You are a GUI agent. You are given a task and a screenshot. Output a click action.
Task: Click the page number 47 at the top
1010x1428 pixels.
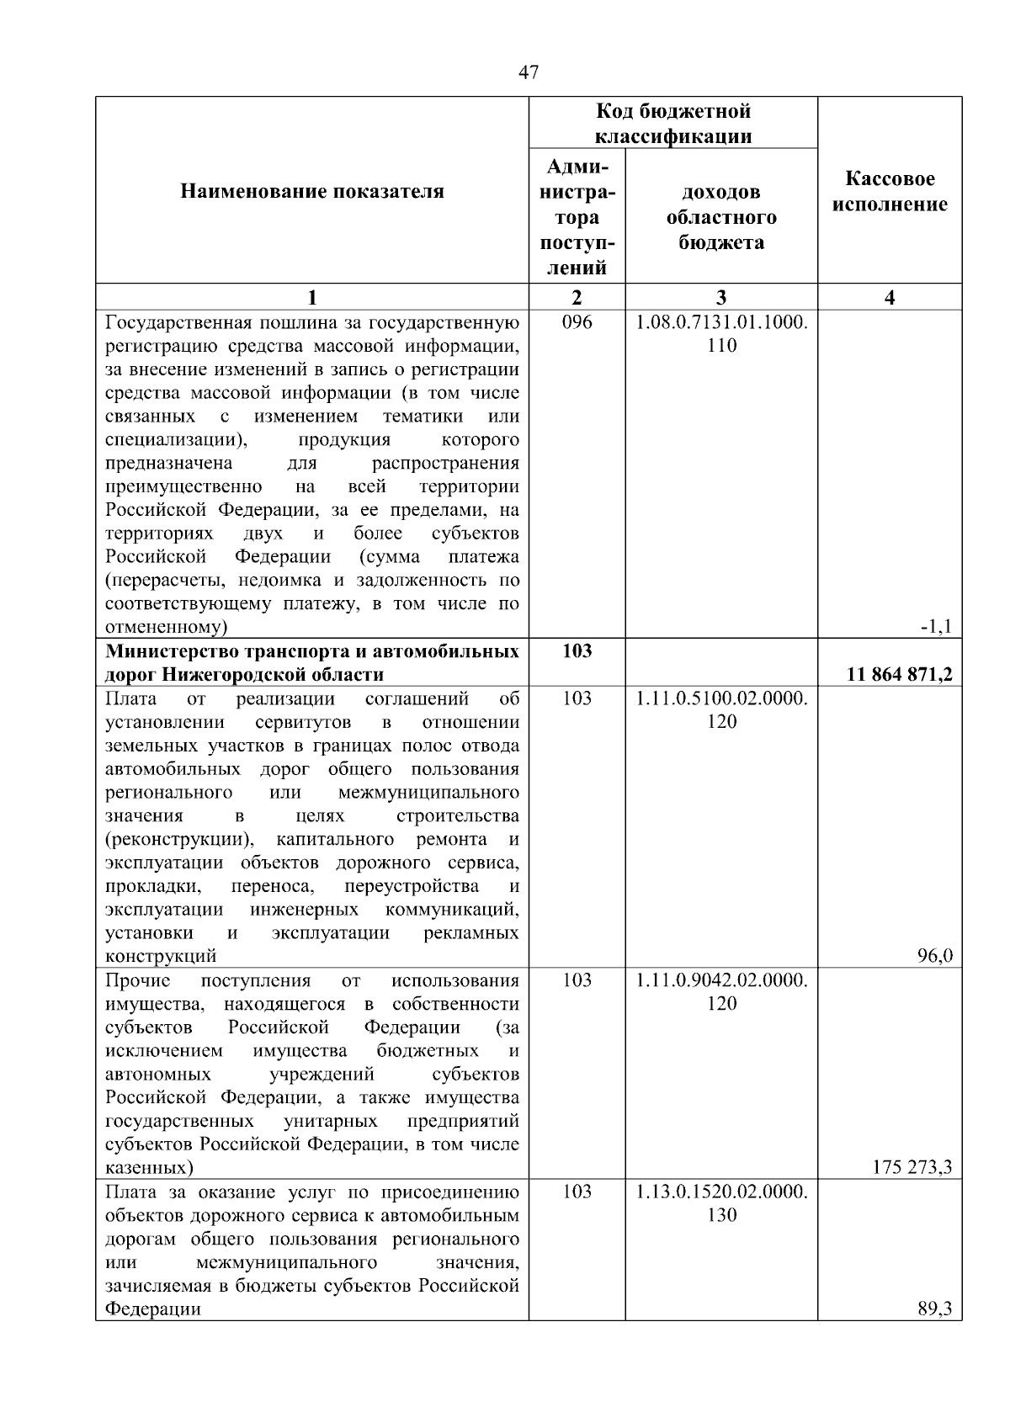click(x=529, y=72)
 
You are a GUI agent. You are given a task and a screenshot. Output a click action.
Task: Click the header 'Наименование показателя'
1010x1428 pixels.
click(x=312, y=192)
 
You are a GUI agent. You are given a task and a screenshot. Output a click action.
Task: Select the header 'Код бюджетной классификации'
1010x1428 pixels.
click(x=673, y=124)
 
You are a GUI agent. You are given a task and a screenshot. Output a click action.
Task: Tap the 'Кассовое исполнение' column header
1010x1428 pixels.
click(x=890, y=192)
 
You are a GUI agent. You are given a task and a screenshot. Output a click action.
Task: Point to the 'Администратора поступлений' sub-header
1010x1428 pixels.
click(x=577, y=217)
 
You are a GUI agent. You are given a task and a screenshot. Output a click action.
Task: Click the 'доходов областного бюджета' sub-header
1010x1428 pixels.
click(x=721, y=217)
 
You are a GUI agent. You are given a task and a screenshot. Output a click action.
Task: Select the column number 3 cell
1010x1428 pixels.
click(x=721, y=297)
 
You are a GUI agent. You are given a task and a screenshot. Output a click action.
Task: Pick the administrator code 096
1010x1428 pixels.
click(x=577, y=322)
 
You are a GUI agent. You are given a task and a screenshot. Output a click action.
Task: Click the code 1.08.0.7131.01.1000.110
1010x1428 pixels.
click(x=721, y=333)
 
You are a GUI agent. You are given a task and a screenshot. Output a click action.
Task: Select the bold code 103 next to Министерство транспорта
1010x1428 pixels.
click(x=577, y=650)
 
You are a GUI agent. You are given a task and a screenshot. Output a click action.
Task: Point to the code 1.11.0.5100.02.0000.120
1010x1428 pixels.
click(x=721, y=709)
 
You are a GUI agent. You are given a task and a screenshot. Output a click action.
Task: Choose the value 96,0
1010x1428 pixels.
click(x=935, y=955)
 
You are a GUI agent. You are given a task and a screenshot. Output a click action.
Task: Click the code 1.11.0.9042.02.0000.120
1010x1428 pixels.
click(x=721, y=991)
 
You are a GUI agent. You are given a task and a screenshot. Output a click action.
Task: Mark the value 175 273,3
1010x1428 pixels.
click(x=913, y=1167)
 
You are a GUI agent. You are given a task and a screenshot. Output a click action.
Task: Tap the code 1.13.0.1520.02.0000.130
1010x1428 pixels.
click(x=721, y=1202)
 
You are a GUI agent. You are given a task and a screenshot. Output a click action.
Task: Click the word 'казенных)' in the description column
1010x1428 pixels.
click(x=148, y=1167)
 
